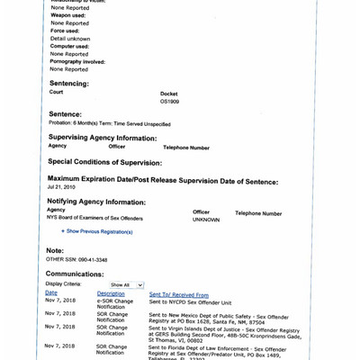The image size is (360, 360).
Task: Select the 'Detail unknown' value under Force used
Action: pyautogui.click(x=68, y=39)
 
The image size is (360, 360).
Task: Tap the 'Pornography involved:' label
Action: pyautogui.click(x=76, y=61)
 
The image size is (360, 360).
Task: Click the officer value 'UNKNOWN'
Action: pyautogui.click(x=205, y=220)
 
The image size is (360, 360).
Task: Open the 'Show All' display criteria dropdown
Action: pyautogui.click(x=126, y=284)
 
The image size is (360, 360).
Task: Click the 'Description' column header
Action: pyautogui.click(x=110, y=293)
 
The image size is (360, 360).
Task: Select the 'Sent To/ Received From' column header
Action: pyautogui.click(x=178, y=293)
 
